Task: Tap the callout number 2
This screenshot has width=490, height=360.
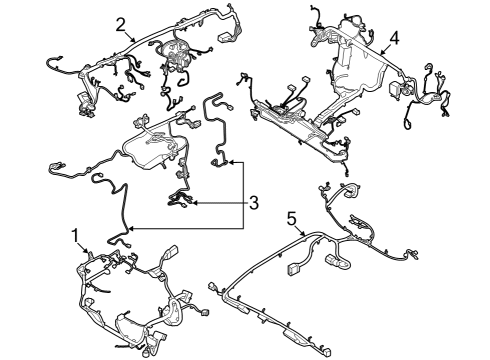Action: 120,24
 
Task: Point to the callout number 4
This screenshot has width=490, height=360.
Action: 394,38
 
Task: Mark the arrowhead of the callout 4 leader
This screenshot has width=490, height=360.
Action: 379,54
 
